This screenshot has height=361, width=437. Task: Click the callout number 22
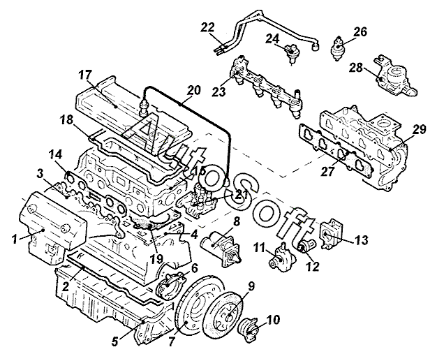208,28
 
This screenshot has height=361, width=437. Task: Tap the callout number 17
84,75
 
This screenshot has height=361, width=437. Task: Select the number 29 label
420,130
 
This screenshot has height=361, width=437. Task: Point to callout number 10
273,320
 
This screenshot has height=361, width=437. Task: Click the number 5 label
115,341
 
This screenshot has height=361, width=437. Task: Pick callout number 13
362,240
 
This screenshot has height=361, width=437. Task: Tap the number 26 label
360,32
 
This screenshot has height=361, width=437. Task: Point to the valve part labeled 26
338,48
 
